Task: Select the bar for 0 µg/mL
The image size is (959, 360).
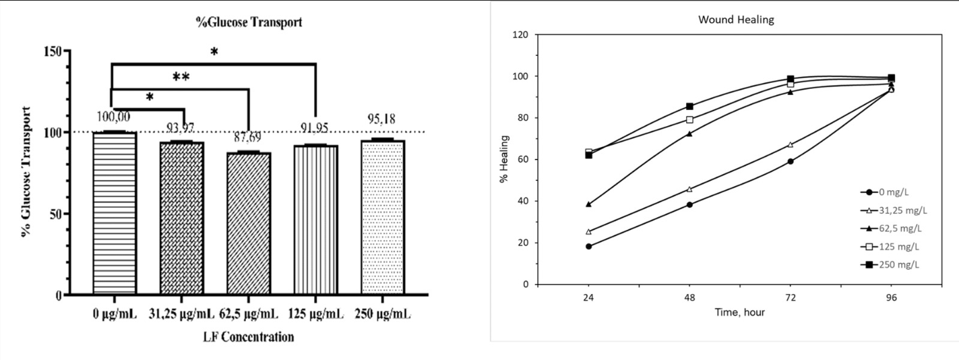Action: pos(115,213)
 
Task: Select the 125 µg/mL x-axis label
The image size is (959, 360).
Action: pos(315,314)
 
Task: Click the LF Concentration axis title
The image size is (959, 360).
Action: pos(248,336)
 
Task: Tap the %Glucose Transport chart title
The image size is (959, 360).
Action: pos(249,22)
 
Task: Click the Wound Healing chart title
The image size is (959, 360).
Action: pos(736,20)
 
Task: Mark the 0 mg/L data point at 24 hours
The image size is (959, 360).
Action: pos(589,247)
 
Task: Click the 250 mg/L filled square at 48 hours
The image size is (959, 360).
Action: pos(689,107)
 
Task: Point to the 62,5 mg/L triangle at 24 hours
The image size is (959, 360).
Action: pos(589,204)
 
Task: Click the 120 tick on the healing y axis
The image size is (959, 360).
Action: pos(522,34)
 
